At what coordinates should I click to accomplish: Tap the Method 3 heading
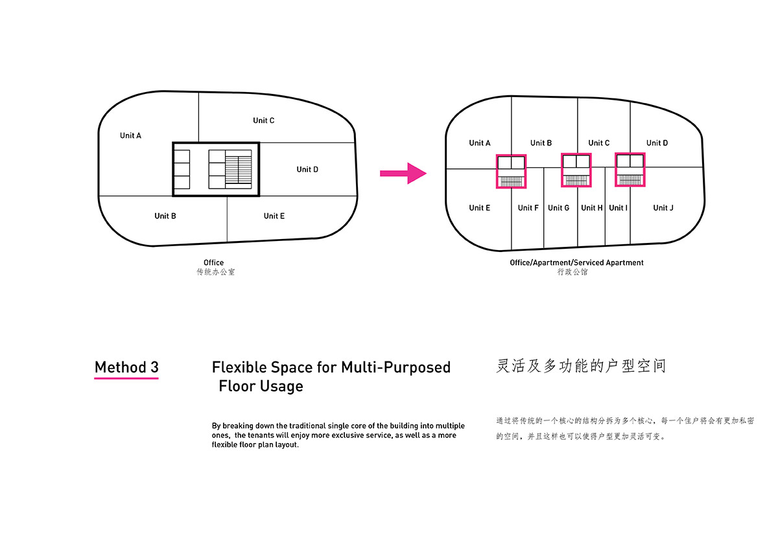coord(126,367)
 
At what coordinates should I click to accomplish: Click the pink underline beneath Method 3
coord(126,378)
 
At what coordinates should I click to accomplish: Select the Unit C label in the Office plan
coord(264,120)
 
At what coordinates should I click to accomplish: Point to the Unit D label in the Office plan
coord(307,170)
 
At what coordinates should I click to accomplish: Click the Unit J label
coord(663,208)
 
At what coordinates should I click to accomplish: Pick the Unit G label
coord(559,208)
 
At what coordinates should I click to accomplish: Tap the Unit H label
coord(592,208)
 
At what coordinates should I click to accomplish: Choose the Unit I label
coord(618,208)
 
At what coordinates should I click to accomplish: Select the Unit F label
coord(528,208)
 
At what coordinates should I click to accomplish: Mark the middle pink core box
coord(576,170)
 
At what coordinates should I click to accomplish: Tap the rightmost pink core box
coord(630,169)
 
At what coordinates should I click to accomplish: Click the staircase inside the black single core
coord(238,169)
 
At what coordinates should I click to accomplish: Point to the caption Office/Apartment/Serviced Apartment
coord(576,263)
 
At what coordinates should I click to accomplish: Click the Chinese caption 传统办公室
coord(216,272)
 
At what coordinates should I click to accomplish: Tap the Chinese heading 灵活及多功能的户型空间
coord(581,366)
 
